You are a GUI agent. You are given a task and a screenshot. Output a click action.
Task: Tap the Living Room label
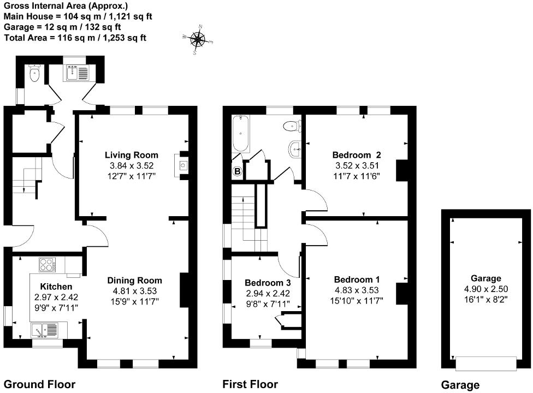click(132, 155)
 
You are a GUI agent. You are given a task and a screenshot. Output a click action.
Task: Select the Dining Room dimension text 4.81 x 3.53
click(134, 291)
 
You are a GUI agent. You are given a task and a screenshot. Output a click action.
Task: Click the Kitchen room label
click(56, 287)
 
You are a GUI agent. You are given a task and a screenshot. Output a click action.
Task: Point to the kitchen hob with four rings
click(47, 265)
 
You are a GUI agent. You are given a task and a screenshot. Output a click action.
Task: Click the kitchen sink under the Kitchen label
click(44, 330)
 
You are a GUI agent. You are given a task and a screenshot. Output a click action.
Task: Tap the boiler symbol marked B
click(238, 172)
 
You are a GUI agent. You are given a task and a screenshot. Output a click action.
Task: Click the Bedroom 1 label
click(356, 280)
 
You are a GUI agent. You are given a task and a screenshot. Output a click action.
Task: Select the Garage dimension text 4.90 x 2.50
click(486, 289)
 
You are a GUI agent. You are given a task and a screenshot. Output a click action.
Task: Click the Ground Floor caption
click(39, 384)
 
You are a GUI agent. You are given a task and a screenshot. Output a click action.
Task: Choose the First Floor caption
click(250, 384)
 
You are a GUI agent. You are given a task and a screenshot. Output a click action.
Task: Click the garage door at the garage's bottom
click(486, 362)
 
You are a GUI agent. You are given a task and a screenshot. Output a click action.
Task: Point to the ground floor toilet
click(35, 74)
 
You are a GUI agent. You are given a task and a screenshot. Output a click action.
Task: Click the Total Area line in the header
click(75, 38)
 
